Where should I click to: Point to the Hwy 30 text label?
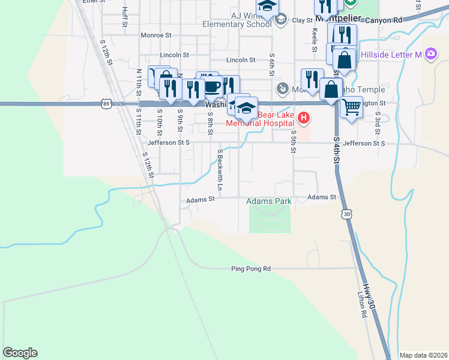[x=370, y=298]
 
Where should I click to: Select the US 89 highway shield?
[x=106, y=104]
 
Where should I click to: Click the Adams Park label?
[x=269, y=202]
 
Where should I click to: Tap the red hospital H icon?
[x=304, y=118]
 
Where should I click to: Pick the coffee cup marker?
[x=212, y=86]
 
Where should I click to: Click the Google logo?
[x=20, y=353]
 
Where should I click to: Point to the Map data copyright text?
[x=423, y=355]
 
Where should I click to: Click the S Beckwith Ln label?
[x=220, y=170]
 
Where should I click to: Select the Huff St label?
[x=124, y=17]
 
